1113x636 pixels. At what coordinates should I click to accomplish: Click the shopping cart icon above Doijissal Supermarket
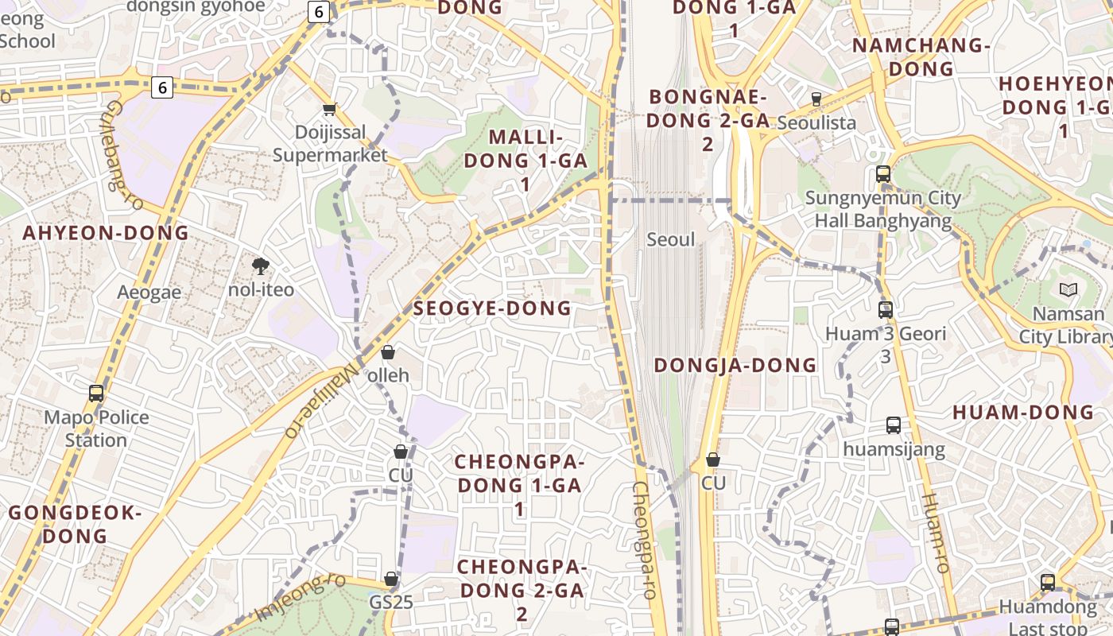pos(329,109)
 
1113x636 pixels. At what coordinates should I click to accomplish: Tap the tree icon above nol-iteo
pos(260,266)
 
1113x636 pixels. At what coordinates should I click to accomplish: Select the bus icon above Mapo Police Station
pos(96,393)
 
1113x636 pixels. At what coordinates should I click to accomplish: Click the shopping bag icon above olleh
pos(388,352)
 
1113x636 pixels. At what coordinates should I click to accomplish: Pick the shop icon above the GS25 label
pos(391,579)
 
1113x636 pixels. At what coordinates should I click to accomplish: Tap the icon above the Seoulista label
pos(816,99)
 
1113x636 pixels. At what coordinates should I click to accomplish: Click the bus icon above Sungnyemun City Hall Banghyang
pos(882,174)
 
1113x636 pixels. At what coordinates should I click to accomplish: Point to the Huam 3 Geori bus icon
pos(886,309)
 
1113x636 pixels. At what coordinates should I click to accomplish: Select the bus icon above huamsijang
pos(894,425)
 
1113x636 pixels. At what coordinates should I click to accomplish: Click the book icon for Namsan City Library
pos(1068,290)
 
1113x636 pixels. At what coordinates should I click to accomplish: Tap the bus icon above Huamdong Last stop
pos(1048,583)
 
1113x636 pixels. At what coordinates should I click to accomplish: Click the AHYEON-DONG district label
pos(106,233)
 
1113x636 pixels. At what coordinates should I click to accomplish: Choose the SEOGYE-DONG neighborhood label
pos(492,308)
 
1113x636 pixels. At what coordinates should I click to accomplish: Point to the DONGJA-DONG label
pos(735,365)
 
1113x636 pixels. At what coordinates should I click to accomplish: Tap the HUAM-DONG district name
pos(1023,412)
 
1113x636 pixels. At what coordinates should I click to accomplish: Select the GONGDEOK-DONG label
pos(75,524)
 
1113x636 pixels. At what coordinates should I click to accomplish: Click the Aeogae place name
pos(149,292)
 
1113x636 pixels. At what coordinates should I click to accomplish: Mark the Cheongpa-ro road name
pos(643,539)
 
